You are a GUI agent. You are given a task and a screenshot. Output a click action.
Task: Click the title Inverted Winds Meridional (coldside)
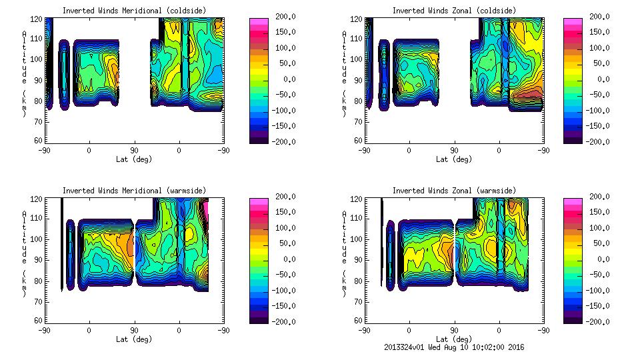click(134, 11)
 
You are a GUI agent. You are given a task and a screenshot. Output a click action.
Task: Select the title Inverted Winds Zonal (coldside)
click(454, 11)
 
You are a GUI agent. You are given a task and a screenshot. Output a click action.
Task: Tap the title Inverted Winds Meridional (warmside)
click(134, 191)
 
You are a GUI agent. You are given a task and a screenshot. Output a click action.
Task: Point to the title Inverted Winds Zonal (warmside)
click(454, 191)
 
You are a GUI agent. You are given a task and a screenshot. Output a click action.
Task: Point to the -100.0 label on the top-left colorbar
click(285, 110)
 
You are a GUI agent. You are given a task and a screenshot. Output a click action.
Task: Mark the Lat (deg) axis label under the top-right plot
click(454, 159)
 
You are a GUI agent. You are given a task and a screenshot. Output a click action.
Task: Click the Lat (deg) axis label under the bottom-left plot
click(134, 339)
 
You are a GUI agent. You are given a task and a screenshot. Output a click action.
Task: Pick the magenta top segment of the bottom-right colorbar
click(571, 201)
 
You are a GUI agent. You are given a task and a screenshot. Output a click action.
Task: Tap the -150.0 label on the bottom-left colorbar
click(285, 306)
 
